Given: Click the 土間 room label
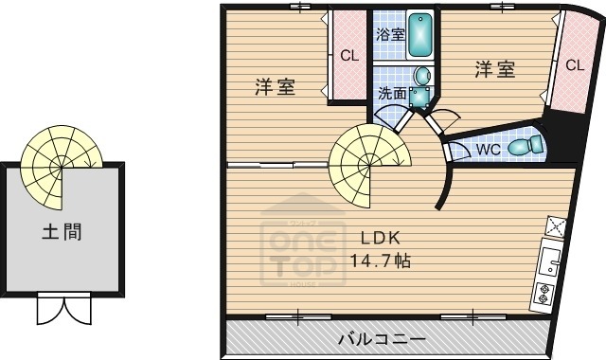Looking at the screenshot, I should (60, 231).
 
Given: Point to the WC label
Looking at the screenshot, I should (488, 149).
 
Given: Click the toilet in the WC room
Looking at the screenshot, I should (524, 146).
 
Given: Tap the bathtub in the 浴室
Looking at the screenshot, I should (419, 34).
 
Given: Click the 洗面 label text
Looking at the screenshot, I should (393, 93).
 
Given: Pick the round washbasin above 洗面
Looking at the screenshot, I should (421, 76).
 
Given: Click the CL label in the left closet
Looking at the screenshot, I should (349, 55).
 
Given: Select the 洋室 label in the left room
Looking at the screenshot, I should (275, 88).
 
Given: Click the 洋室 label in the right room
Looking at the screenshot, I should (494, 69).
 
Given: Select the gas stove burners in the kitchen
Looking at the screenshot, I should (546, 293).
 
